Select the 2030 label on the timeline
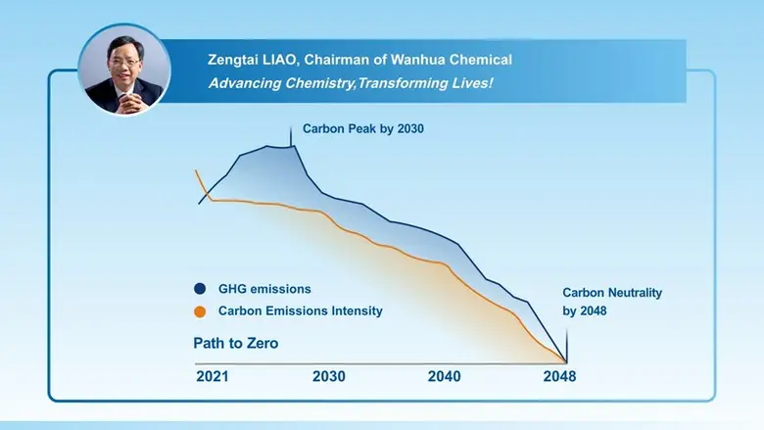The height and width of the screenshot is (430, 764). click(x=328, y=376)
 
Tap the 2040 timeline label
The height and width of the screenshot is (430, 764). click(x=445, y=376)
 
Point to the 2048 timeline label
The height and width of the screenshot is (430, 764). click(x=560, y=376)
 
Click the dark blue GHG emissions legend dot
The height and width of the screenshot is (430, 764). click(x=200, y=289)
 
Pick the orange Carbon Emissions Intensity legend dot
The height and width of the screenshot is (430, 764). click(x=200, y=311)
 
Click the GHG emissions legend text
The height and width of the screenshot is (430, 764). click(x=264, y=289)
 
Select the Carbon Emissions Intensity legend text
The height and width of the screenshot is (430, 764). click(x=300, y=311)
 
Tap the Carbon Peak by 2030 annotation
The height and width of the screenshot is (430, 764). click(x=362, y=128)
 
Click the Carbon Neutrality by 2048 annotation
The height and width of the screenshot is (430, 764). click(x=611, y=302)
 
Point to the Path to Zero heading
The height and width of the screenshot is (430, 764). click(x=235, y=344)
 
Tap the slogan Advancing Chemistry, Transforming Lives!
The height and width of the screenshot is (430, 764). click(x=351, y=83)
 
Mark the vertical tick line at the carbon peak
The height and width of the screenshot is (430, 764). click(x=291, y=136)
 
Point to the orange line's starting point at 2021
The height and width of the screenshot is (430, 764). click(x=197, y=172)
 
